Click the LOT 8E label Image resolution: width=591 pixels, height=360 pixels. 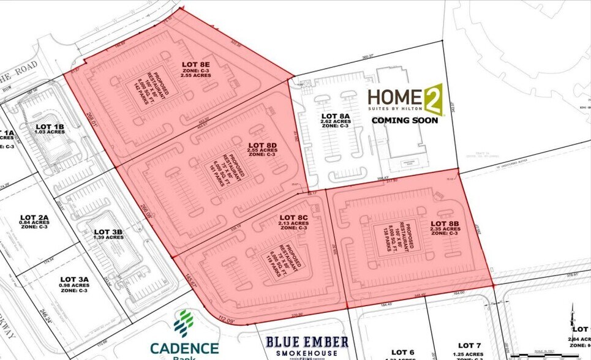pos(196,64)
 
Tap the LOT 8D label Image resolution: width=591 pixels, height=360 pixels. pos(263,130)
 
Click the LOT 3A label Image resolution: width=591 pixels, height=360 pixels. pos(73,279)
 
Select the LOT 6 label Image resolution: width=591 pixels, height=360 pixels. pos(403,351)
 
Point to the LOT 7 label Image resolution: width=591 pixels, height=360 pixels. pos(470,346)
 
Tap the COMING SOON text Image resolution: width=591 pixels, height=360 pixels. pos(405,121)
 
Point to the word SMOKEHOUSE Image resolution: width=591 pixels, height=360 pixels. pos(307,354)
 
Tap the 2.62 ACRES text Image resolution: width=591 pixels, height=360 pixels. pos(336,122)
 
